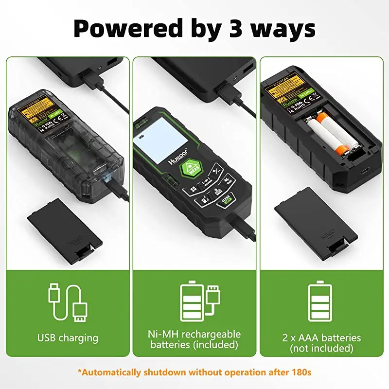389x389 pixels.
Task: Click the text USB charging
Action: (x=68, y=337)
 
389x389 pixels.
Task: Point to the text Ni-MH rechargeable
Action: (x=194, y=335)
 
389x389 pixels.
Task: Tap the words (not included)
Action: (x=321, y=348)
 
